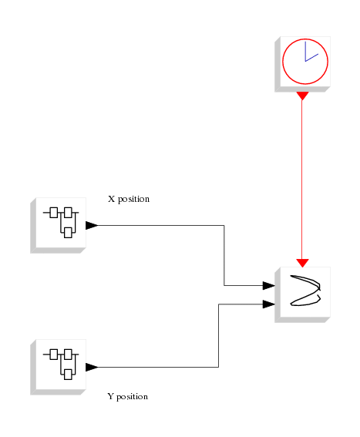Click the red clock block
[302, 64]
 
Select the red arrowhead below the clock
[302, 96]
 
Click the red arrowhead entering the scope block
[302, 263]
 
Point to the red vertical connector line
[302, 180]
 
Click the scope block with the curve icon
[302, 294]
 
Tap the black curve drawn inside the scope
[305, 291]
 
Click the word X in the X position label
[111, 199]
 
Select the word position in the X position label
[133, 200]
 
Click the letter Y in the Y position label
[110, 396]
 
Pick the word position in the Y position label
[132, 397]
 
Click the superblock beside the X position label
[58, 225]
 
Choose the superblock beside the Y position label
[58, 367]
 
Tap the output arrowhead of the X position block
[92, 225]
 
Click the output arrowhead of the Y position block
[92, 367]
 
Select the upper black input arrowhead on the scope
[268, 285]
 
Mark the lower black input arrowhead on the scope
[268, 304]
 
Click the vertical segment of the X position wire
[224, 255]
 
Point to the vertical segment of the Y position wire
[218, 335]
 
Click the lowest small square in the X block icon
[68, 233]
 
